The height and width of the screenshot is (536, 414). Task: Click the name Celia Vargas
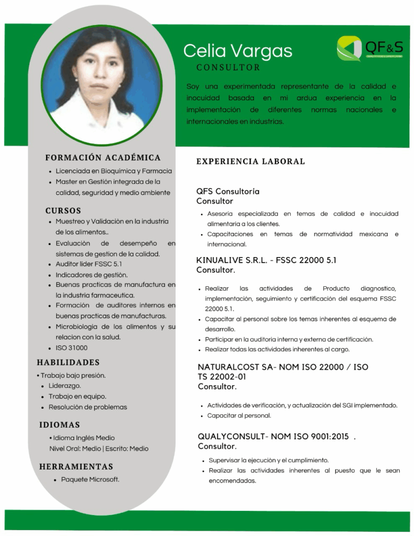[237, 51]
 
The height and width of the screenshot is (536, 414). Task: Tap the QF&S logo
[370, 48]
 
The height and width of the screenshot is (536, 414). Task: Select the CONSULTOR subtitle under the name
[228, 68]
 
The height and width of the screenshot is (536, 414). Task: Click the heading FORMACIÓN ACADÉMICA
[103, 158]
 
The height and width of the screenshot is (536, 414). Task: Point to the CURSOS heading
[63, 211]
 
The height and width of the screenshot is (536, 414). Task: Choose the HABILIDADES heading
[68, 362]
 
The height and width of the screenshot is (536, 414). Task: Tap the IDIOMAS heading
[60, 425]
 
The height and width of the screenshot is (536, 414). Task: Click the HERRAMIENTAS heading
[76, 466]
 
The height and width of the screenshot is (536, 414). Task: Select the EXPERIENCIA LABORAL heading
[250, 161]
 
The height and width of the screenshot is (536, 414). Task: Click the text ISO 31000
[72, 348]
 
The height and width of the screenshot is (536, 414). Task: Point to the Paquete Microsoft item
[90, 479]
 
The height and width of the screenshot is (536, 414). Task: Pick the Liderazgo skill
[65, 386]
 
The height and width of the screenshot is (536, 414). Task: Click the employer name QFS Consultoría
[228, 192]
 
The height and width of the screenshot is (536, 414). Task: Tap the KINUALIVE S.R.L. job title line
[266, 260]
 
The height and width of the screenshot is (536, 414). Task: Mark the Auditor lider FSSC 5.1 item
[89, 264]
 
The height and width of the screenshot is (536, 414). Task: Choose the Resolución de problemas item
[88, 407]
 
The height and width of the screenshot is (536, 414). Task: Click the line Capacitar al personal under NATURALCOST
[239, 416]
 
